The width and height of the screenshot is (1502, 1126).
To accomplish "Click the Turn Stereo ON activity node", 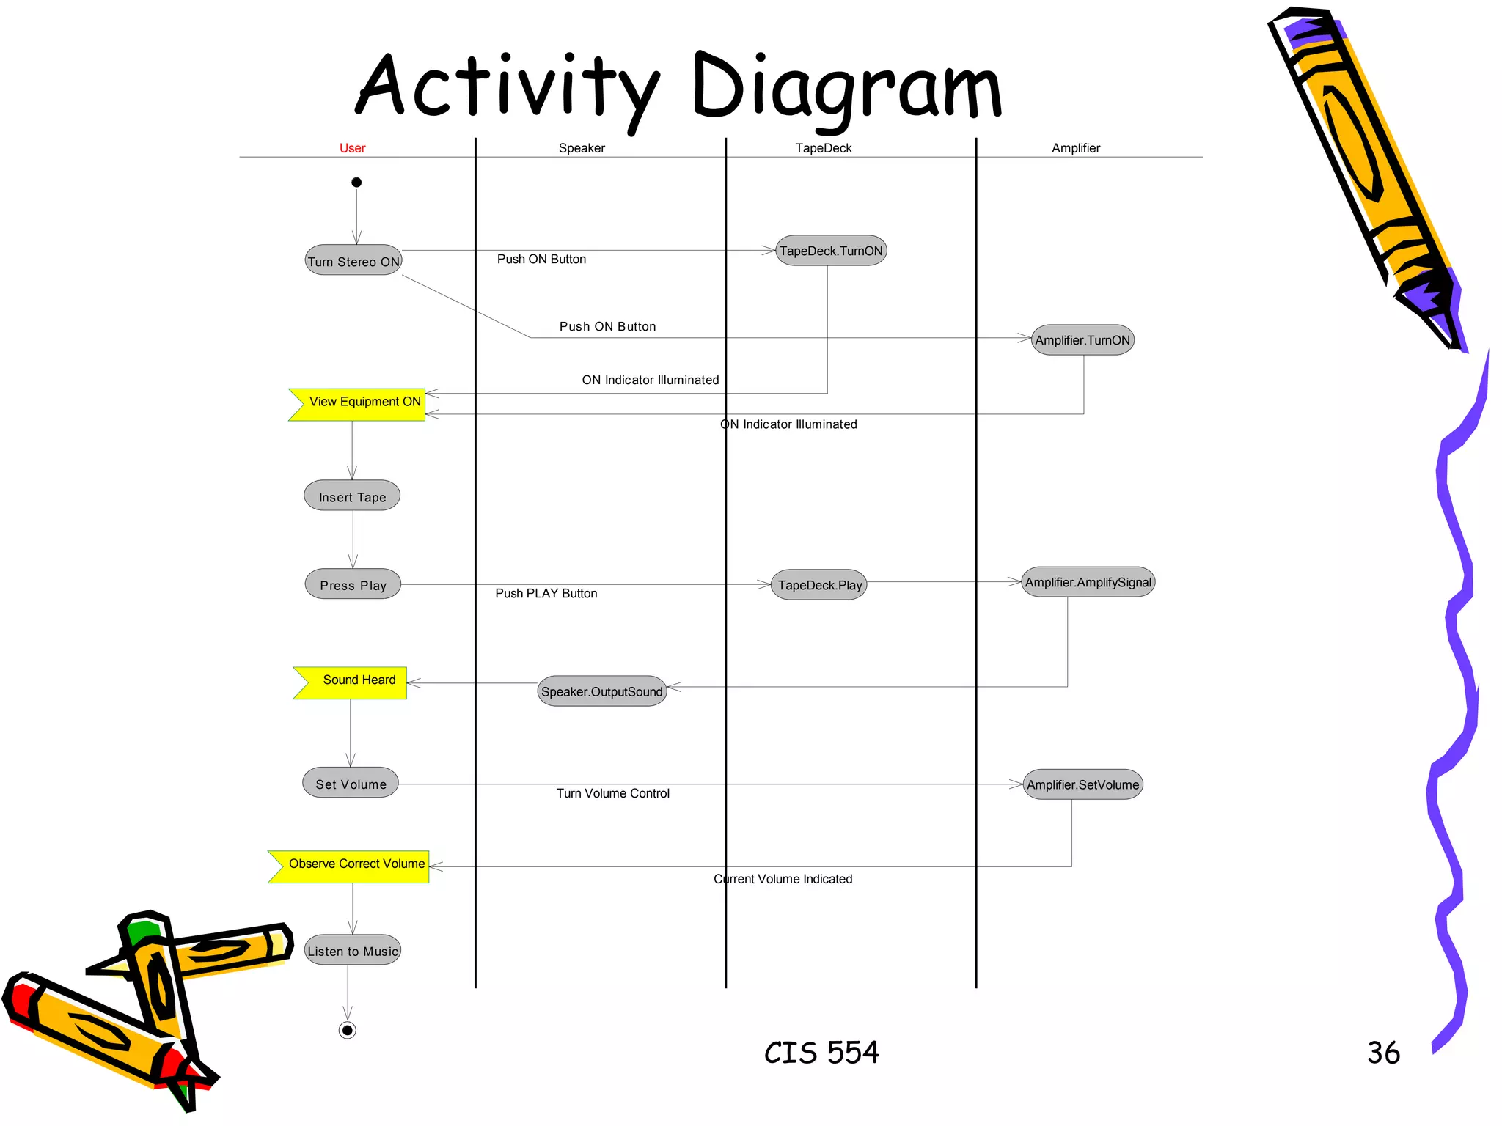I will (x=353, y=261).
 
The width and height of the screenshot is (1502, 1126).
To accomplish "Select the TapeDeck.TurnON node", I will (x=831, y=251).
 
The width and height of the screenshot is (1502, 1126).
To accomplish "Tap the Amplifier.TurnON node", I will (x=1082, y=340).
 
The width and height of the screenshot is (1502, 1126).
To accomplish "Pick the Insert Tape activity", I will (x=352, y=496).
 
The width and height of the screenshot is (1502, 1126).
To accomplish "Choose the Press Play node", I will (x=353, y=585).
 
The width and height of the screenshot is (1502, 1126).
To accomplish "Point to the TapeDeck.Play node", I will (x=819, y=585).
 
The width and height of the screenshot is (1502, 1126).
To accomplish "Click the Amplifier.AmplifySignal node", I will (x=1088, y=582).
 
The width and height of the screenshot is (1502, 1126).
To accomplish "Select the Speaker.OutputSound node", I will (x=601, y=691).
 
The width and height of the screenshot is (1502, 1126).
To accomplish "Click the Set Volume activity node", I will (x=351, y=783).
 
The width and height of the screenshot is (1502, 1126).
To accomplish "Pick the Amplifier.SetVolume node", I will (x=1082, y=784).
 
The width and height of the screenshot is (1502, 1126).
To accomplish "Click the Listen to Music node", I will (x=353, y=950).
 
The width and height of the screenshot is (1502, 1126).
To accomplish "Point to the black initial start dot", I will (x=356, y=183).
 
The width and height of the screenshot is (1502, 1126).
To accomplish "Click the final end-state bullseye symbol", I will (x=348, y=1030).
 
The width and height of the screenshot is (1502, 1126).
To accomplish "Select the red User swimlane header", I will (x=352, y=148).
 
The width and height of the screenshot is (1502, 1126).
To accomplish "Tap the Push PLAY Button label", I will (x=546, y=594).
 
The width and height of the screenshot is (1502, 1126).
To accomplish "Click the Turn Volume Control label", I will (x=612, y=793).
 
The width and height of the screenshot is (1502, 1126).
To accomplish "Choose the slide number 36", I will (x=1383, y=1053).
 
